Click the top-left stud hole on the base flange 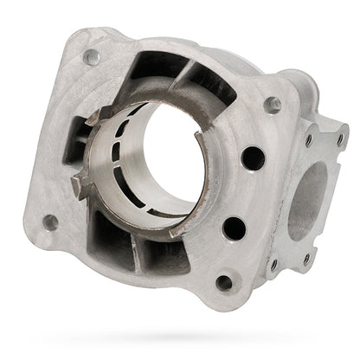91,57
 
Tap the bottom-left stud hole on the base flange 51,222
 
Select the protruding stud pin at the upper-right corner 274,104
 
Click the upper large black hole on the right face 253,157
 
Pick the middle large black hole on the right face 235,228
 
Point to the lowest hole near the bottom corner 224,282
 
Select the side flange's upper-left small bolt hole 309,138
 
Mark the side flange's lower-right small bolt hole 306,257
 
